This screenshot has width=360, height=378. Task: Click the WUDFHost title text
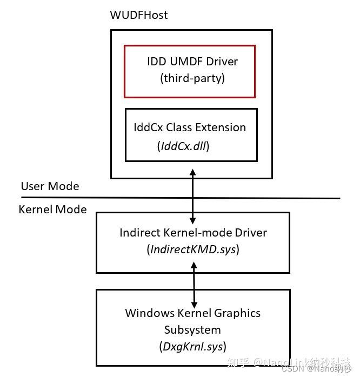point(138,15)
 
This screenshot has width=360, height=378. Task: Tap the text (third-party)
point(192,78)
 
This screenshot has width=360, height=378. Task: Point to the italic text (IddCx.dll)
point(183,146)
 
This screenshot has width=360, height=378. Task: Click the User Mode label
point(50,186)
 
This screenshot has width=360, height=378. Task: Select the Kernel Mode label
point(52,210)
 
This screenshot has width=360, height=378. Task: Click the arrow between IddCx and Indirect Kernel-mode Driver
point(192,195)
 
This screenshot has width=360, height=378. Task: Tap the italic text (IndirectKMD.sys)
point(193,249)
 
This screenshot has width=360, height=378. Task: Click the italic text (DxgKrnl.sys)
point(192,346)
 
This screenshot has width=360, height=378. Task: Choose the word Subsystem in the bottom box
point(192,329)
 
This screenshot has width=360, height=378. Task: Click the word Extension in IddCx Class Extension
point(221,127)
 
